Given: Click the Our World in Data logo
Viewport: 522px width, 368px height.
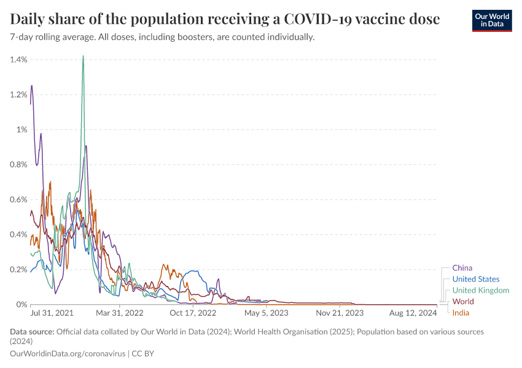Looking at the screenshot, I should pos(492,20).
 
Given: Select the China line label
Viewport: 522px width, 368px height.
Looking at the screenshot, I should pos(462,268).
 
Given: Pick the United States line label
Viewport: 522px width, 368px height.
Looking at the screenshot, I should pos(475,279).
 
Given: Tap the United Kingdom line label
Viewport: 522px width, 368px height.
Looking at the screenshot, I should pos(480,290).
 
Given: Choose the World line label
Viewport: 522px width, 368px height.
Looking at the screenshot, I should pos(462,302).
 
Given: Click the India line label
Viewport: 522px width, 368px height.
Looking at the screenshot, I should pos(461,313).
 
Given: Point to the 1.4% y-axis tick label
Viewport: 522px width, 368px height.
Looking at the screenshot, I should pos(19,59).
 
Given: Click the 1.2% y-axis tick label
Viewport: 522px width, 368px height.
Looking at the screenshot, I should pos(19,94).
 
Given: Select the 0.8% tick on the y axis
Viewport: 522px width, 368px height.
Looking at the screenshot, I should pos(19,164).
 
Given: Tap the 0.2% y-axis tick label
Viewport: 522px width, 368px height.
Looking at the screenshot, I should pos(19,269).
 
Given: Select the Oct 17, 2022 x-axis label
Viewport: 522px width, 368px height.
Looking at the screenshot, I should pos(193,313).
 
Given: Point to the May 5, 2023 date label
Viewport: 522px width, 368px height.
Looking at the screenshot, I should pos(267,313).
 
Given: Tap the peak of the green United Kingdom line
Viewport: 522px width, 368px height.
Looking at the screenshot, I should pos(83,56).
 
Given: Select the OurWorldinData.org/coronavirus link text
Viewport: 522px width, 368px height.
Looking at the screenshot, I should pos(67,354).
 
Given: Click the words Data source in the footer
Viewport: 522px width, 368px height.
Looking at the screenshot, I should pos(32,332).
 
